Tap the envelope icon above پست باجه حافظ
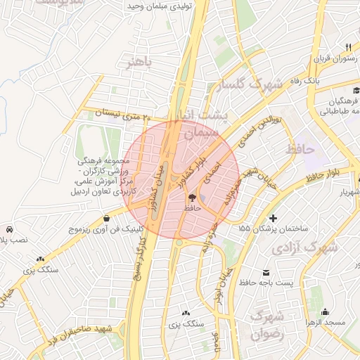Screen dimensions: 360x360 (266, 272)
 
